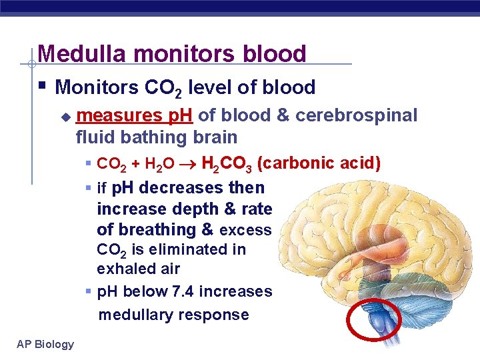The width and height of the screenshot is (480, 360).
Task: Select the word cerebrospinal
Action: [356, 115]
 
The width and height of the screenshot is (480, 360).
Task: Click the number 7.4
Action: [181, 292]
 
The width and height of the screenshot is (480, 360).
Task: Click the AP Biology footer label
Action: [45, 344]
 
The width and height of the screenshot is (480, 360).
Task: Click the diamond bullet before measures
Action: [65, 117]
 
